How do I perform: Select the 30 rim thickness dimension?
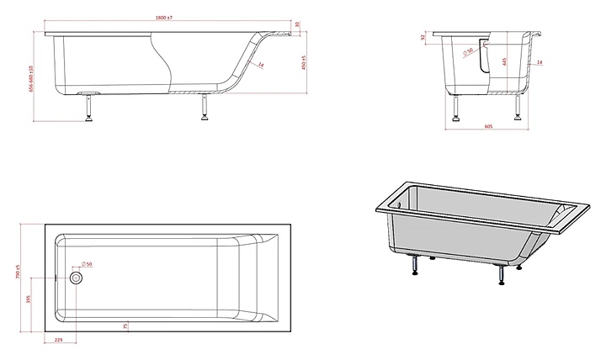300,25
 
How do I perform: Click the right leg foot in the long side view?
203,118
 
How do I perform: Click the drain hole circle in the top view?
77,277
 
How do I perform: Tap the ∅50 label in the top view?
87,264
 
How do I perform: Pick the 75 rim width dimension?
125,326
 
